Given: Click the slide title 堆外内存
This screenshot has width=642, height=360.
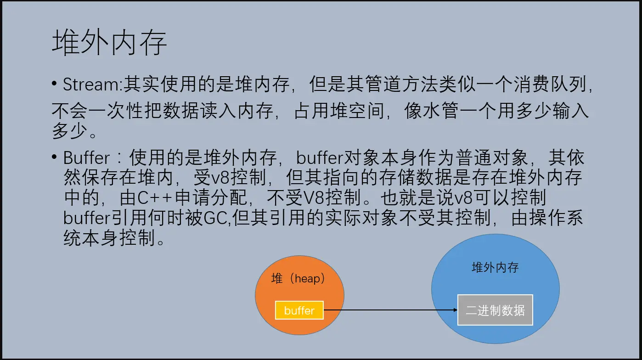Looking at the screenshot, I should tap(109, 44).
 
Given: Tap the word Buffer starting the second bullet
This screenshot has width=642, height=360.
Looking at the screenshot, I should tap(86, 158).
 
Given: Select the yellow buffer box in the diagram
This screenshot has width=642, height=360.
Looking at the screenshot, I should tap(299, 310).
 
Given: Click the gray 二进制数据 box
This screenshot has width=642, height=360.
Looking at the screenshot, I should tap(495, 310).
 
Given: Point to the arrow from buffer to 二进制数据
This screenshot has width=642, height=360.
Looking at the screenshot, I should tap(390, 310).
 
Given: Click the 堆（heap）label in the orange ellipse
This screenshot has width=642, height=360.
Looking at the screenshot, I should tap(299, 278).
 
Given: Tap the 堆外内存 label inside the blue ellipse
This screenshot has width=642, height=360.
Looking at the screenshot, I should tap(495, 268).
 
